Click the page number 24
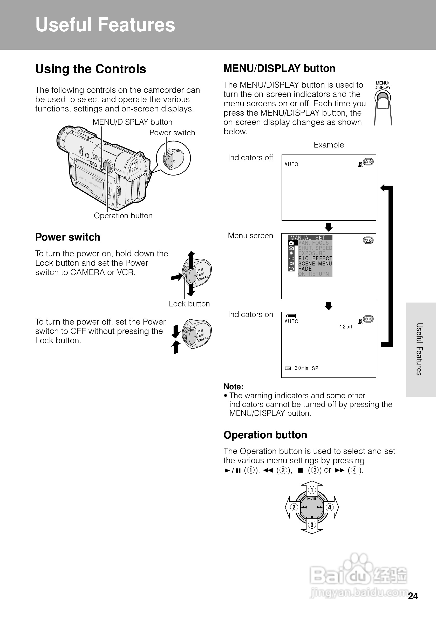coord(413,596)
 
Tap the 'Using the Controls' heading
coord(91,69)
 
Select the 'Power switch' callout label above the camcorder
coord(172,133)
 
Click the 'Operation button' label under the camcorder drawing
coord(123,216)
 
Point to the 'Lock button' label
coord(189,304)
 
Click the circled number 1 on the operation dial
coord(312,490)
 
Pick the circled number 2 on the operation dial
coord(294,507)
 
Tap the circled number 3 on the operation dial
coord(312,524)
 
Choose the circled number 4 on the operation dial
coord(330,507)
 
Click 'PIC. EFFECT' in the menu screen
coord(315,258)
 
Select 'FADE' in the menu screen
coord(305,269)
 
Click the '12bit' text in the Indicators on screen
coord(346,327)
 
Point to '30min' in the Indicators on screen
coord(301,368)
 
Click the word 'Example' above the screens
coord(329,145)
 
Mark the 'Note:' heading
coord(234,387)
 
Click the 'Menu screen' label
coord(250,236)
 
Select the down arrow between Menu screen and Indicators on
coord(329,306)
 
